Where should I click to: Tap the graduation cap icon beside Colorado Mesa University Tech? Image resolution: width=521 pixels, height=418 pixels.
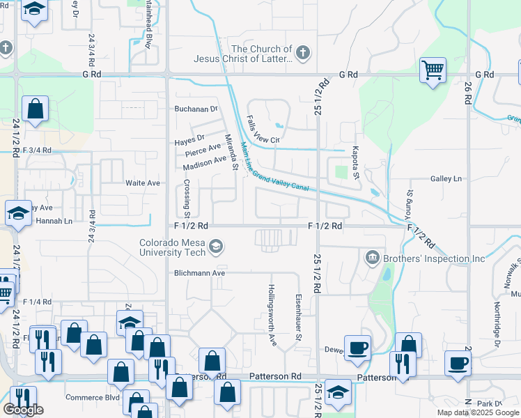pos(217,246)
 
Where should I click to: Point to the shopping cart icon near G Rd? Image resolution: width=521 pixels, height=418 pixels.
pos(433,70)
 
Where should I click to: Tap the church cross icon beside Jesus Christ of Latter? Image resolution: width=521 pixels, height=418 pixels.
pos(302,52)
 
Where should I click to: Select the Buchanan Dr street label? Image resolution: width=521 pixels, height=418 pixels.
pos(196,109)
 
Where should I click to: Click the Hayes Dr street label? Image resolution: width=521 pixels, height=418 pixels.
pos(189,138)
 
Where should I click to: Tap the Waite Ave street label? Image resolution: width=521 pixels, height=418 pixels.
pos(143,183)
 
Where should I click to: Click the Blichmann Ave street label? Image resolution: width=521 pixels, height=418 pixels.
pos(200,273)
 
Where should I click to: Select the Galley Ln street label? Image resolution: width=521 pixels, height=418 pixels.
pos(446,179)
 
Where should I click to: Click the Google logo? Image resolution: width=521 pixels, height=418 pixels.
pos(23,410)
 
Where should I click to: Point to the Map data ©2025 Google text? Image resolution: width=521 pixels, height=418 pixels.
pos(478,412)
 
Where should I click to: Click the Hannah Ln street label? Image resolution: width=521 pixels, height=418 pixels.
pos(54,221)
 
